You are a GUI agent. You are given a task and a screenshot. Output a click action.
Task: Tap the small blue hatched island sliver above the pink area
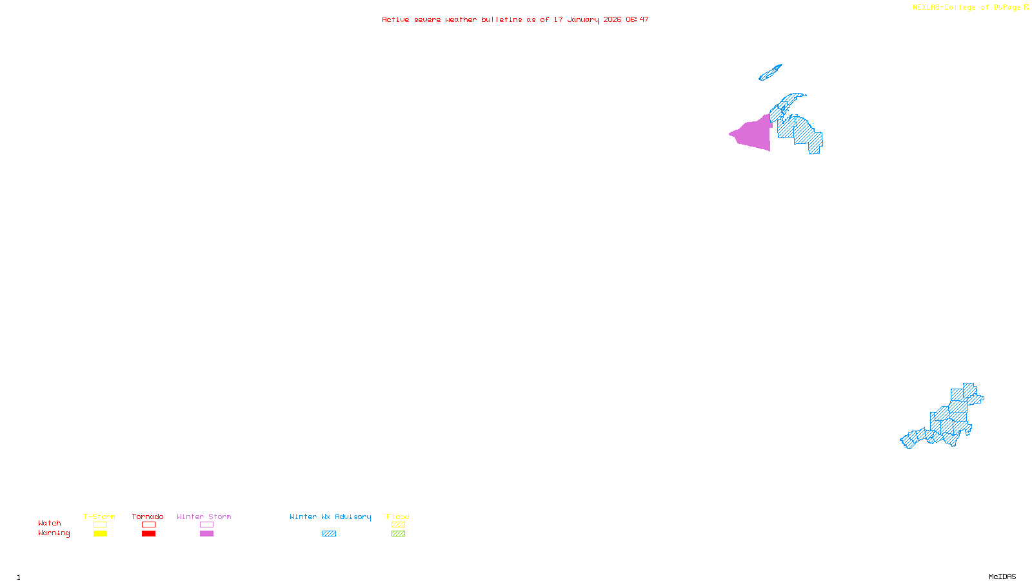point(770,72)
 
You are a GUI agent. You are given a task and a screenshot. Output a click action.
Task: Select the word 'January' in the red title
point(582,20)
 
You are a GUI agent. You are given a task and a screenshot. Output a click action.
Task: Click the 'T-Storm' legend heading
point(99,516)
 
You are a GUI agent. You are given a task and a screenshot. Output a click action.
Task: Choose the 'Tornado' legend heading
point(148,516)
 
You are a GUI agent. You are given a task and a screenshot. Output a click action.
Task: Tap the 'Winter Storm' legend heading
point(204,516)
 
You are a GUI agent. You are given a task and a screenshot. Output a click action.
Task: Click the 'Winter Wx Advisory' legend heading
point(330,516)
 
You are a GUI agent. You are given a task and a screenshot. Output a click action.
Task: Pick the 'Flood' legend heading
point(398,516)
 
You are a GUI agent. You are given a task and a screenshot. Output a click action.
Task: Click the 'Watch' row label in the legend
point(50,524)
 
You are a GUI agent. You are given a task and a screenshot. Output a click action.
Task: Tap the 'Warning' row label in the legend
point(54,533)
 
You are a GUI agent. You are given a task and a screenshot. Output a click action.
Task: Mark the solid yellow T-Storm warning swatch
point(100,534)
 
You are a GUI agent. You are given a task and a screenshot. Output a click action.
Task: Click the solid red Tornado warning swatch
point(149,534)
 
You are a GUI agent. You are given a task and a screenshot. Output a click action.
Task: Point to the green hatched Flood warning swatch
point(399,534)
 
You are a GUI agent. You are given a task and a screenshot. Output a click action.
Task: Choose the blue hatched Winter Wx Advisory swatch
point(329,534)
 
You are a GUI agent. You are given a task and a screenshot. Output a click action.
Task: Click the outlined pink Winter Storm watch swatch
point(206,525)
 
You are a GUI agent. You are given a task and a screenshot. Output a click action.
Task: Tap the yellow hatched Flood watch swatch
point(399,525)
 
